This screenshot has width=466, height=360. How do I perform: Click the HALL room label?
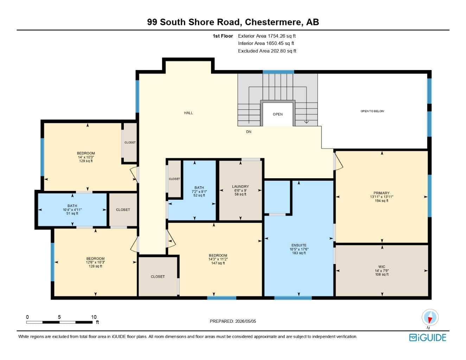pyautogui.click(x=188, y=113)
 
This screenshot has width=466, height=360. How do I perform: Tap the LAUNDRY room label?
pyautogui.click(x=241, y=187)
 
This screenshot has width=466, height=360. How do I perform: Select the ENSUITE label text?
pyautogui.click(x=299, y=245)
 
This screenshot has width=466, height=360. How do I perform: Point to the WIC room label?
pyautogui.click(x=382, y=267)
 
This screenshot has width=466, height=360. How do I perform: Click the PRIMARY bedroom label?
pyautogui.click(x=382, y=193)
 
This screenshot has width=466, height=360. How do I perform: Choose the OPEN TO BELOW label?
pyautogui.click(x=372, y=111)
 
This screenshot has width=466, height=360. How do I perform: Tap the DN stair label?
pyautogui.click(x=249, y=132)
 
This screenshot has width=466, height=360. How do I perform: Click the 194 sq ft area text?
pyautogui.click(x=382, y=201)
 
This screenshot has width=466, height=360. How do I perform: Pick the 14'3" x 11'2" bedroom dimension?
pyautogui.click(x=218, y=259)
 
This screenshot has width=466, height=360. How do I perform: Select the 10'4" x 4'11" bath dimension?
pyautogui.click(x=72, y=210)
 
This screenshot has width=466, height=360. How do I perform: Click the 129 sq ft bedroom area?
pyautogui.click(x=86, y=161)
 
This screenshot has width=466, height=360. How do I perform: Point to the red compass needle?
pyautogui.click(x=429, y=320)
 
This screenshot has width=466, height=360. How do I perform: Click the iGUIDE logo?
pyautogui.click(x=428, y=337)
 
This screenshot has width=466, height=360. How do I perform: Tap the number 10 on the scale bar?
pyautogui.click(x=94, y=317)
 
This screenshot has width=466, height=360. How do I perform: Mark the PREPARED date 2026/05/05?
pyautogui.click(x=245, y=321)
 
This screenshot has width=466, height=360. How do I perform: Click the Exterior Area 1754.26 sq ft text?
pyautogui.click(x=267, y=36)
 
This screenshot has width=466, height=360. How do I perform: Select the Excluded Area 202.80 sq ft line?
pyautogui.click(x=267, y=51)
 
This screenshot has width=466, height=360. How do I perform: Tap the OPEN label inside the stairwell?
pyautogui.click(x=278, y=114)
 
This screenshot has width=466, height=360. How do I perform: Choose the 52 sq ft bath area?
pyautogui.click(x=199, y=195)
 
